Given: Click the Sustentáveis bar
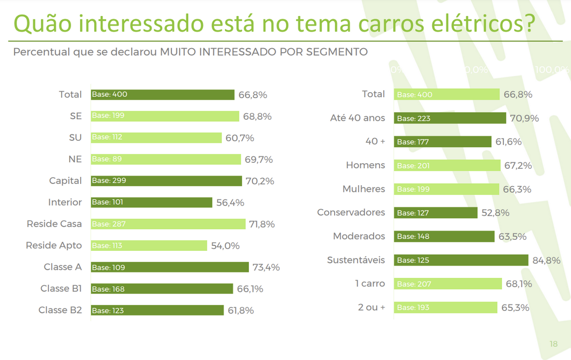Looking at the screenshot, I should (461, 260).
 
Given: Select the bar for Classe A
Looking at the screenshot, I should (170, 267).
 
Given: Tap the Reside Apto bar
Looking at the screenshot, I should (149, 245).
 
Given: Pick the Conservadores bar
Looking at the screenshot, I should (435, 213).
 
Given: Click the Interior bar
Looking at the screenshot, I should (151, 202).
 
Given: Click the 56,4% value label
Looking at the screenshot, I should (230, 203).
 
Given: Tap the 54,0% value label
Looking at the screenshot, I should (225, 246).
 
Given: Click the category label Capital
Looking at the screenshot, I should (65, 181).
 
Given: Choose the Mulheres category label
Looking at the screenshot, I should (364, 189).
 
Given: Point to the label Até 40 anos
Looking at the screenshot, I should (358, 118).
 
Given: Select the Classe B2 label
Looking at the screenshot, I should (60, 310).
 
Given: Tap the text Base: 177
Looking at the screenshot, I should (413, 142).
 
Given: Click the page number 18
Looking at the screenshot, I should (553, 344).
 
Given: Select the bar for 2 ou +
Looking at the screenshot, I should (445, 307).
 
